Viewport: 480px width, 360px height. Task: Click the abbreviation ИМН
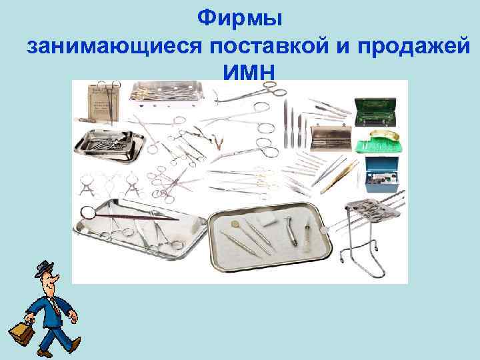point(249,72)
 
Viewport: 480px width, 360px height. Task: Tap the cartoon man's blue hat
point(45,270)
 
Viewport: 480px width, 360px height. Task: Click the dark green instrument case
point(378,112)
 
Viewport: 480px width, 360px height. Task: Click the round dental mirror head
point(86,214)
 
